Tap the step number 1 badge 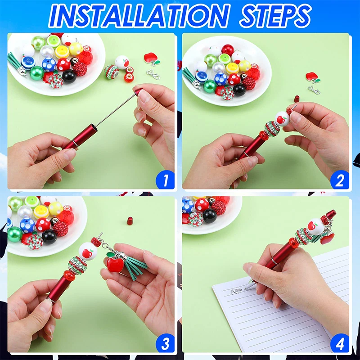point(165,180)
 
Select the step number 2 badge point(339,180)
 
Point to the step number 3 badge point(165,344)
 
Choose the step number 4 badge point(339,344)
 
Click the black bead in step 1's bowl point(69,76)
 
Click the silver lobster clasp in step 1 point(153,73)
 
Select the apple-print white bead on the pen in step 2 point(282,119)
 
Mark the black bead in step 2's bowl point(239,89)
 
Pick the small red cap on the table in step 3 point(130,220)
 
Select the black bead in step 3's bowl point(49,236)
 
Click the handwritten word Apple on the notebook point(237,291)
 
